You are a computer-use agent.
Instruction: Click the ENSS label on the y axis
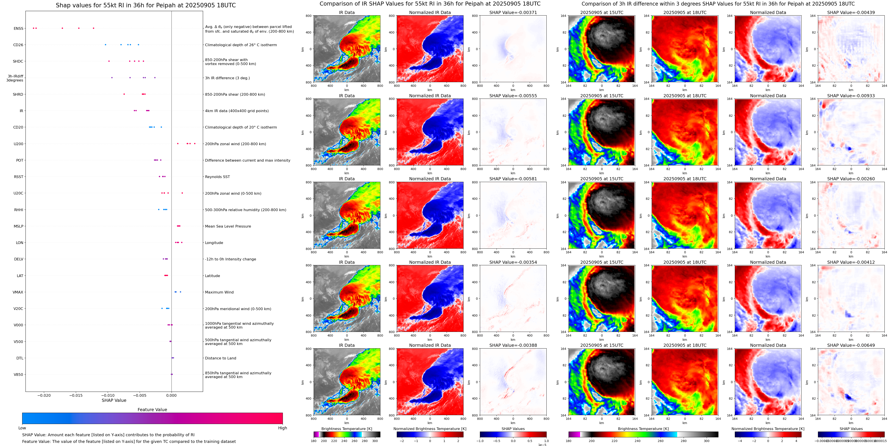click(18, 28)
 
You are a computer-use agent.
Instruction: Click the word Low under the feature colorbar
click(22, 428)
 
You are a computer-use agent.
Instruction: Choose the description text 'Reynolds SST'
click(217, 177)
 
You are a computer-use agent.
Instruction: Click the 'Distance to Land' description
click(220, 358)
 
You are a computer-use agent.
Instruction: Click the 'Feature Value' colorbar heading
click(152, 410)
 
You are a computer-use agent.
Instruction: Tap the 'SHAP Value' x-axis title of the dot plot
click(114, 400)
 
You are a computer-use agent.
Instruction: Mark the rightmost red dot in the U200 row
click(195, 144)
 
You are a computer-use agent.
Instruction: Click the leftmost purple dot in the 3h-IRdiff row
click(112, 77)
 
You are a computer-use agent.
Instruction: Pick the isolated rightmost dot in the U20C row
click(182, 193)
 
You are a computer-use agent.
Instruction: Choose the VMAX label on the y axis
click(18, 292)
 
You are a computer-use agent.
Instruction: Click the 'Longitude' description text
click(214, 243)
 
